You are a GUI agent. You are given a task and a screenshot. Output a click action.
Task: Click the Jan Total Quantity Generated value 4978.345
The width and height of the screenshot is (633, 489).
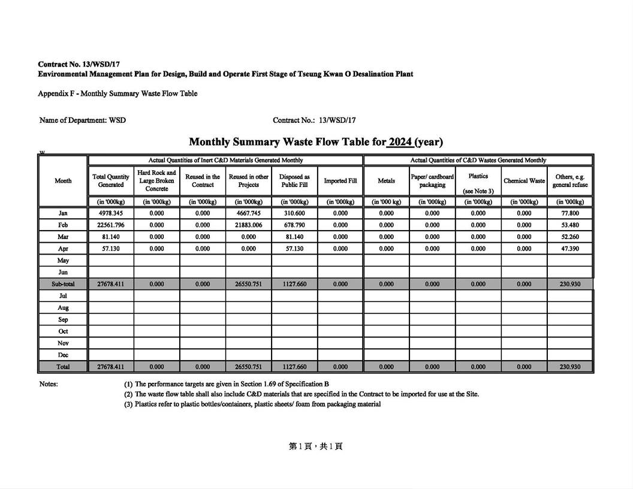coord(111,213)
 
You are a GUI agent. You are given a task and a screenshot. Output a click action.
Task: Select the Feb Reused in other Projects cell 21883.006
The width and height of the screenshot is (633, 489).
coord(249,225)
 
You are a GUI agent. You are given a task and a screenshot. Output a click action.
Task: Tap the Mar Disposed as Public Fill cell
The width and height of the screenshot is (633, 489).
coord(294,237)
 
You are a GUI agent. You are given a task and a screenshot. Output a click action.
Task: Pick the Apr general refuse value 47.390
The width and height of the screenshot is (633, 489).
coord(570,249)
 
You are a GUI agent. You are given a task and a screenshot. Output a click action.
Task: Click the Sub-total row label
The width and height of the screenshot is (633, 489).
coord(63,284)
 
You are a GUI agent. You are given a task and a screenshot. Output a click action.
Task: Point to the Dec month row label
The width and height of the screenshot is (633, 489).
coord(63,355)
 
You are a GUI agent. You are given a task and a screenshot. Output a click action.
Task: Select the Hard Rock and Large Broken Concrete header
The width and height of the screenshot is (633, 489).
coord(156,180)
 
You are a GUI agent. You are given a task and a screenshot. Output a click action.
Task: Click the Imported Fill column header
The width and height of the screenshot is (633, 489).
coord(340,181)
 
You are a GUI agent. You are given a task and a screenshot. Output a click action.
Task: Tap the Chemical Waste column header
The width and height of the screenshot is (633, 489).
coord(524,181)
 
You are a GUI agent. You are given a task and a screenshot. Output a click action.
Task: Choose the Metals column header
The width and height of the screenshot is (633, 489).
coord(387,181)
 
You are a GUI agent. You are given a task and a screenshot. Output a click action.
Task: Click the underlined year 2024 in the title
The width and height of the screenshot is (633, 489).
coord(400,142)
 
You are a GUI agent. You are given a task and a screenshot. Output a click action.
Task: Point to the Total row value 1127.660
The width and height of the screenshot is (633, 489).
coord(294,367)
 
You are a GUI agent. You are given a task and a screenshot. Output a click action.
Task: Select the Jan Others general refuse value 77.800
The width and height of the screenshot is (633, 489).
coord(570,213)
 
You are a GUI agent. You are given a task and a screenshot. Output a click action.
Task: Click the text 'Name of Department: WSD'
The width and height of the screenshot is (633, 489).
coord(83,120)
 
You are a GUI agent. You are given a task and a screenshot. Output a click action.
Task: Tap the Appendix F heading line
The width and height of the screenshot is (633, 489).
coord(117,93)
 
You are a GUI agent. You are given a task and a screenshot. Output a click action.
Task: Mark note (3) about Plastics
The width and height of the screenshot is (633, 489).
coord(252,405)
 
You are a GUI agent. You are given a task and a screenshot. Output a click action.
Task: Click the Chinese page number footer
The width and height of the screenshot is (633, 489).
coord(316,446)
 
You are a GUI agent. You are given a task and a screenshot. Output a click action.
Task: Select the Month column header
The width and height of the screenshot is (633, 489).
coord(63,181)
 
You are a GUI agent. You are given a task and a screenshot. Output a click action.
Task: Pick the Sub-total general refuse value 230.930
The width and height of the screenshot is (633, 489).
coord(570,284)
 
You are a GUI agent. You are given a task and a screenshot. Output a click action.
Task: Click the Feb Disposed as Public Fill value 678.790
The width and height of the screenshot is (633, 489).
coord(294,225)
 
